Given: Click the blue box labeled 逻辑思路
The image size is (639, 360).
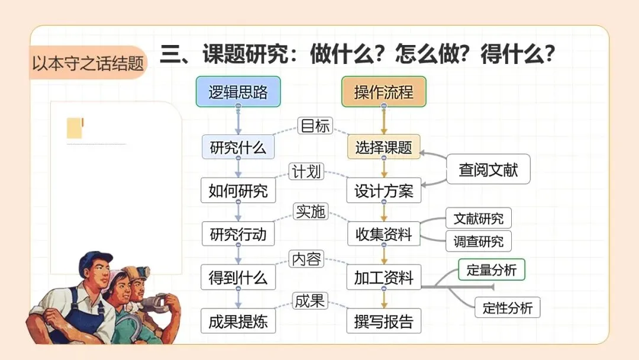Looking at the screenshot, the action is click(x=238, y=92).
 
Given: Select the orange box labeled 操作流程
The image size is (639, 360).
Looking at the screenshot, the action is click(x=383, y=92).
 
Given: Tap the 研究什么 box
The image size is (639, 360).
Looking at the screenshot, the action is click(x=238, y=147).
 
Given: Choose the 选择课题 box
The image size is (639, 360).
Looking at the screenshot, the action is click(x=383, y=147).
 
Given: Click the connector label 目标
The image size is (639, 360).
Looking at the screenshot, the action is click(x=315, y=126).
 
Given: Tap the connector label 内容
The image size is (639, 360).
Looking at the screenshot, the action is click(x=306, y=259).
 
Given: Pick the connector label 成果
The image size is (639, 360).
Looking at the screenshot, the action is click(x=309, y=301).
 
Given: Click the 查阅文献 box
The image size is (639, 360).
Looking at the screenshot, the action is click(x=488, y=170).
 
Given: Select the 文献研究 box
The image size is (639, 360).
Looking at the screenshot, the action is click(x=478, y=218).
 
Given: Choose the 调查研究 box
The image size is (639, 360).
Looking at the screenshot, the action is click(x=478, y=241).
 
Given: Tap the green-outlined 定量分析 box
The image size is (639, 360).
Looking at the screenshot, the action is click(x=491, y=271).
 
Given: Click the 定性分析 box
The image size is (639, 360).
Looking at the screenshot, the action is click(x=507, y=308).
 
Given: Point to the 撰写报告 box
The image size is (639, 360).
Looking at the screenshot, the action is click(x=383, y=322).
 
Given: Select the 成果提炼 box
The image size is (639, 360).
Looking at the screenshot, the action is click(x=238, y=322).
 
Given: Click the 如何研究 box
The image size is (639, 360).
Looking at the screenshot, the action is click(x=238, y=191).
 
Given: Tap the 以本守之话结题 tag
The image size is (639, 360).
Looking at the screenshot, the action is click(x=88, y=63).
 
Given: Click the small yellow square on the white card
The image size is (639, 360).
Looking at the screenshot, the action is click(x=75, y=128).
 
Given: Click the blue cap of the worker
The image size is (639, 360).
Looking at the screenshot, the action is click(x=95, y=261).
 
